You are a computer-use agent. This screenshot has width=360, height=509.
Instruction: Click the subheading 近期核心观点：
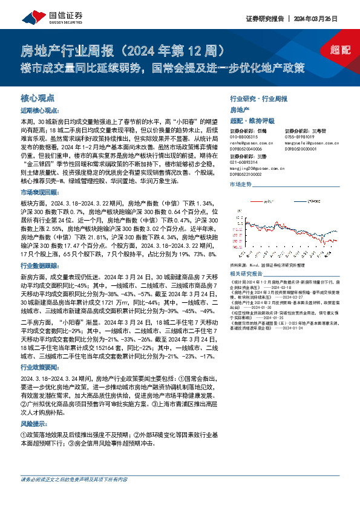[x=40, y=111]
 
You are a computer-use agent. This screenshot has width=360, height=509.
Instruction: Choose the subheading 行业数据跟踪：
[x=40, y=265]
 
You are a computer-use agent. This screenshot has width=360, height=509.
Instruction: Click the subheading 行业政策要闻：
[x=40, y=367]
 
